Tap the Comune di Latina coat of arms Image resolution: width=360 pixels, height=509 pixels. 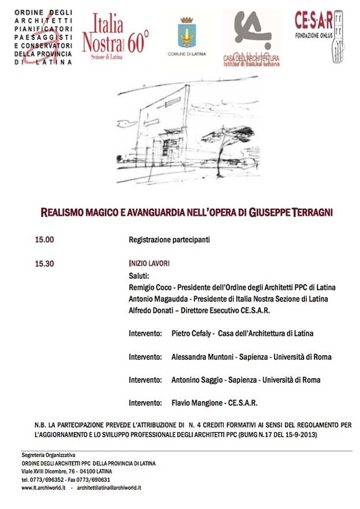[186, 33]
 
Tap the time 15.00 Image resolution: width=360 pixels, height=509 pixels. [44, 239]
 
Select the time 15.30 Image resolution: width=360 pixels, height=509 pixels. [44, 264]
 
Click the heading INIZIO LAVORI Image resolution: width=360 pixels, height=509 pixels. [149, 264]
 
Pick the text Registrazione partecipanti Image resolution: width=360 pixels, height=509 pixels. [169, 239]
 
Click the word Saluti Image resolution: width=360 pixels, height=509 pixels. [139, 275]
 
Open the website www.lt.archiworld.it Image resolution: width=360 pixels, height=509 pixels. [43, 488]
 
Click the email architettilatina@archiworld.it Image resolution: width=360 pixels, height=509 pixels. [110, 488]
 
